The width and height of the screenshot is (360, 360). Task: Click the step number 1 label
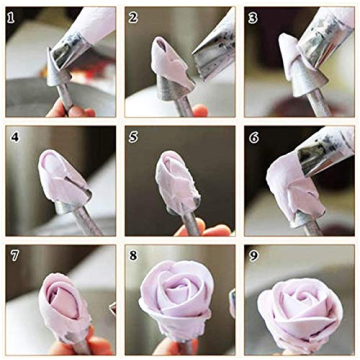tap(13, 17)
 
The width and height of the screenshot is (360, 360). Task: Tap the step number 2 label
tap(133, 17)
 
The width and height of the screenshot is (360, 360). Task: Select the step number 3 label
tap(253, 17)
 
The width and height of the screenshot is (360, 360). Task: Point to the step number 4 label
tap(13, 133)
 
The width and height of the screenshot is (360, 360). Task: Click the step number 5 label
tap(133, 133)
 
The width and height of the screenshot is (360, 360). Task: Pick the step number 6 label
tap(253, 134)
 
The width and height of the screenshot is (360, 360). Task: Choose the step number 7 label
tap(13, 254)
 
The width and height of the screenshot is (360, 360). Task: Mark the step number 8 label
tap(133, 254)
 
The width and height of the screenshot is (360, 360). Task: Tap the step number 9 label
tap(253, 254)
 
